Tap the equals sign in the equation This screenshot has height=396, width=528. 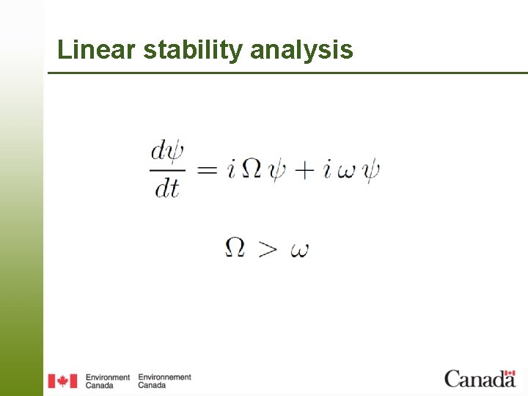pos(208,170)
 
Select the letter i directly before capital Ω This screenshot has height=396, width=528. pos(231,169)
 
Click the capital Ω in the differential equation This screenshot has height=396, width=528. pos(251,170)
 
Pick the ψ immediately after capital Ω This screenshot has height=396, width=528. pos(276,171)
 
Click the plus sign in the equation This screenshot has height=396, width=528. pos(304,171)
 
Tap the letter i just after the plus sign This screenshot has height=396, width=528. pos(327,169)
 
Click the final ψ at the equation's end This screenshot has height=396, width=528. pos(371,171)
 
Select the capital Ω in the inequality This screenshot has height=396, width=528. pos(235,248)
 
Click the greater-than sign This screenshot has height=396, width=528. pos(268,249)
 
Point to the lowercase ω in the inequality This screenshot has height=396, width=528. pos(299,250)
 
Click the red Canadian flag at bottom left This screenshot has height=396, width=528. pos(62,381)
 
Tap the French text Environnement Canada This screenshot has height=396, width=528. pos(164,381)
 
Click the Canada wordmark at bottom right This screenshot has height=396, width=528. pos(480,378)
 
